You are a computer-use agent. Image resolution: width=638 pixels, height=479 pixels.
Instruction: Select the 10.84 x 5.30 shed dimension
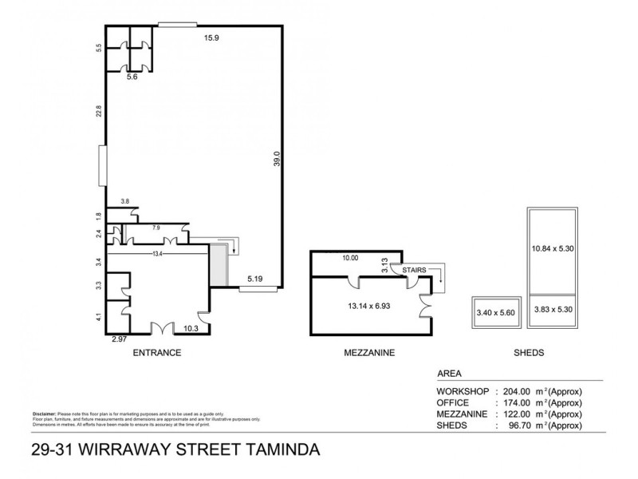point(553,249)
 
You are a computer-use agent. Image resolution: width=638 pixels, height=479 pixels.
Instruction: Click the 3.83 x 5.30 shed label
point(553,308)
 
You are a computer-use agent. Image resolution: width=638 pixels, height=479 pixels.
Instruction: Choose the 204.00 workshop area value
point(518,392)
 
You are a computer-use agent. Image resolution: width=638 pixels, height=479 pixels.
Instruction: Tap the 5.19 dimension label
point(254,279)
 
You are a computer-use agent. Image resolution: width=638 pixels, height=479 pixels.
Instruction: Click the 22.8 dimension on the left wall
point(98,113)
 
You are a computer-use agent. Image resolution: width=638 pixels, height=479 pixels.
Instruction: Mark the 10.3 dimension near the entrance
point(191,328)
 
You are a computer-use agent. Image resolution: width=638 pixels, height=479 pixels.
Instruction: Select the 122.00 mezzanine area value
point(518,415)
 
